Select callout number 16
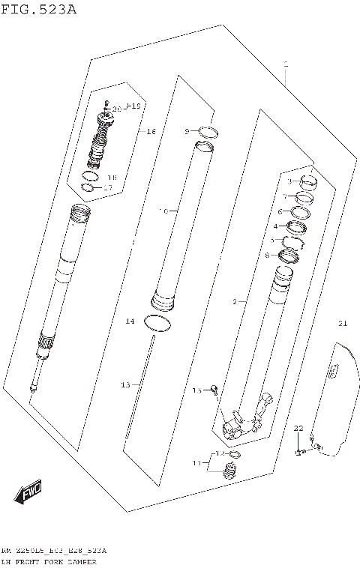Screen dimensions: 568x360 point(150,132)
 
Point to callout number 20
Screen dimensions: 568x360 point(116,109)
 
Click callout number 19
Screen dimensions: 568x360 point(135,106)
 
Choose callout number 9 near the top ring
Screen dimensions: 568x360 point(187,132)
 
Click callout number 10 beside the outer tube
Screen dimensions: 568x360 point(163,211)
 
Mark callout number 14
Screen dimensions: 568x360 point(129,321)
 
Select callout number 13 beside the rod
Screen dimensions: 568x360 point(126,384)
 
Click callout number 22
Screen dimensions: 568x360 point(298,428)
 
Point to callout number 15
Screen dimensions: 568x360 point(196,390)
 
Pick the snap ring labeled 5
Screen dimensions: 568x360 point(292,241)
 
